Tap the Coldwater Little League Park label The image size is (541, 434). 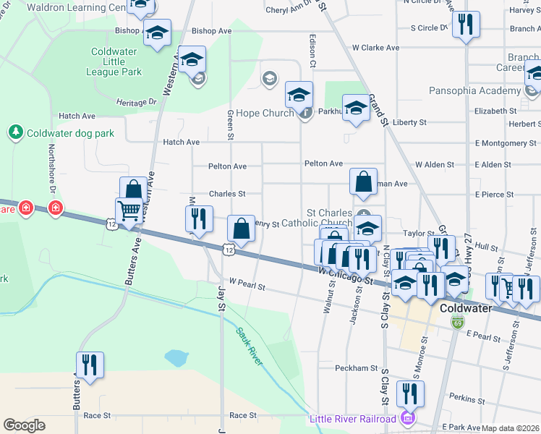[x=116, y=61]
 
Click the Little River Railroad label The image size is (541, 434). [x=352, y=419]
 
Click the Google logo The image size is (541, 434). [x=25, y=425]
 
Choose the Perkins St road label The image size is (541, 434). [x=466, y=399]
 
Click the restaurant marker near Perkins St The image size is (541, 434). [x=410, y=393]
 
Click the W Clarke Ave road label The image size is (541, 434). [x=375, y=48]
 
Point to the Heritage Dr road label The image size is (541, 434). [x=136, y=103]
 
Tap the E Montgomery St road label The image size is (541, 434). [x=506, y=143]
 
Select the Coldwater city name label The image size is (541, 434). [x=466, y=307]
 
